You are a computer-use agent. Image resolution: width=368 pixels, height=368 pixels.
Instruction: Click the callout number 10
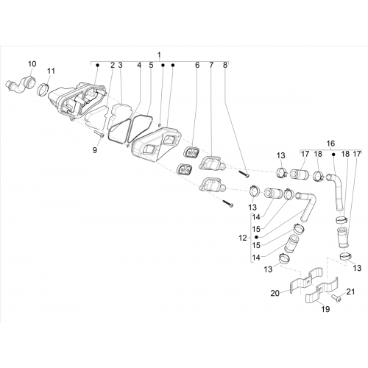[32, 64]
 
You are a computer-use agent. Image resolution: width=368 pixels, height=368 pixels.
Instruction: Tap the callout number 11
[51, 71]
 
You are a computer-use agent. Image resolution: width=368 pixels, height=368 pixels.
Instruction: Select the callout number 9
[95, 150]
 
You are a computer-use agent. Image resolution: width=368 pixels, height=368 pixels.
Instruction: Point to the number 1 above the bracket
[160, 55]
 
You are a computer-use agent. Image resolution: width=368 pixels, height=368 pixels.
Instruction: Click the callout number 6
[197, 66]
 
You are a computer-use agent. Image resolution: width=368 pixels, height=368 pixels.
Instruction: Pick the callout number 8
[225, 66]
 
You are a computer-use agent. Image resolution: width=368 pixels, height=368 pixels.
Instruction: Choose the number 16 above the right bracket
[330, 144]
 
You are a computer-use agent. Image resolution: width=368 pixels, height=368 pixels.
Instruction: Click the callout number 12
[243, 238]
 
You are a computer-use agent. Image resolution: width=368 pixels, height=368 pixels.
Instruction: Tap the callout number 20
[275, 293]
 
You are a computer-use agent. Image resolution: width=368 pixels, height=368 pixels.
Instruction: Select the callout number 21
[350, 291]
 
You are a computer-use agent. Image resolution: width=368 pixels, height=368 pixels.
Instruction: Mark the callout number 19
[326, 309]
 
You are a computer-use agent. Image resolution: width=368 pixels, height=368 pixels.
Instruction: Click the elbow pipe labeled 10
[21, 85]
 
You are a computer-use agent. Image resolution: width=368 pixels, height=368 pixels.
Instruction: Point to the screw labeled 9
[99, 133]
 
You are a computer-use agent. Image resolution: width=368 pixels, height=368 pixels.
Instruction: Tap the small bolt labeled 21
[336, 298]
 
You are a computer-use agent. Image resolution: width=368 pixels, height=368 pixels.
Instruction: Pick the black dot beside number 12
[257, 237]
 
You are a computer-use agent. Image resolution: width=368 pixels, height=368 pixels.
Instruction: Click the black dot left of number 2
[97, 65]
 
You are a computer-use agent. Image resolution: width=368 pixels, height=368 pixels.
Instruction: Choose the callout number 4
[139, 66]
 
